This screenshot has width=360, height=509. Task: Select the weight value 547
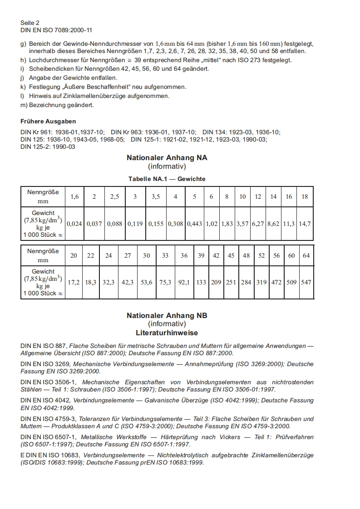point(306,282)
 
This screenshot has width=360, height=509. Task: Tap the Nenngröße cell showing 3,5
point(156,196)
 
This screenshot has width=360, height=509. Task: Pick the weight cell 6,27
point(258,224)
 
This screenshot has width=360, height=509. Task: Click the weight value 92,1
point(184,282)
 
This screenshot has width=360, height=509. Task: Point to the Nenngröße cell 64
point(306,255)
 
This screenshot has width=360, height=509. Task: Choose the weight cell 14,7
point(305,224)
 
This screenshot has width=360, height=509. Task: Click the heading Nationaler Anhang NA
point(167,158)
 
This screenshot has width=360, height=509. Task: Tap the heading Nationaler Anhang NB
point(167,315)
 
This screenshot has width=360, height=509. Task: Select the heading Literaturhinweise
point(167,333)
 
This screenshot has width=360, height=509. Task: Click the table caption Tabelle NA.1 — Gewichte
point(167,179)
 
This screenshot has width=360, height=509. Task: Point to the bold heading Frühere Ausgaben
point(48,121)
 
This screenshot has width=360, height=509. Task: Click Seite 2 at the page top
point(30,22)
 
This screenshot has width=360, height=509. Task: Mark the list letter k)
point(24,87)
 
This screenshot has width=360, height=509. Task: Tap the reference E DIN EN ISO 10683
point(50,455)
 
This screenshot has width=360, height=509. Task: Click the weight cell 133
point(201,282)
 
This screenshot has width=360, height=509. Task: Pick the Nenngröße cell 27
point(128,255)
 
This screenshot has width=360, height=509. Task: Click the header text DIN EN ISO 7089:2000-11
point(56,30)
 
